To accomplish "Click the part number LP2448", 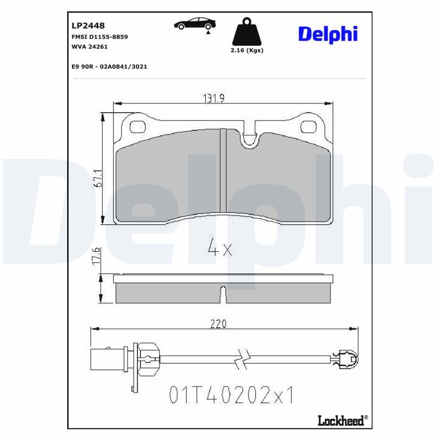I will click(88, 26).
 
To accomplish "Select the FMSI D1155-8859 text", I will click(100, 36).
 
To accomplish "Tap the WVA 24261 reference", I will click(90, 47).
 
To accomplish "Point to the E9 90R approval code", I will click(109, 67).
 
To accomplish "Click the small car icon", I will click(195, 24).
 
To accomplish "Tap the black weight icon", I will click(246, 34).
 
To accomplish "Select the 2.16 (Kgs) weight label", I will click(246, 50).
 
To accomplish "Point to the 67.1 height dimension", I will click(97, 178).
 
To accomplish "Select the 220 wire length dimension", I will click(218, 324).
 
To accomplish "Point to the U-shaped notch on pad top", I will click(250, 140).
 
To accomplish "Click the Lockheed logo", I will click(340, 421).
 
